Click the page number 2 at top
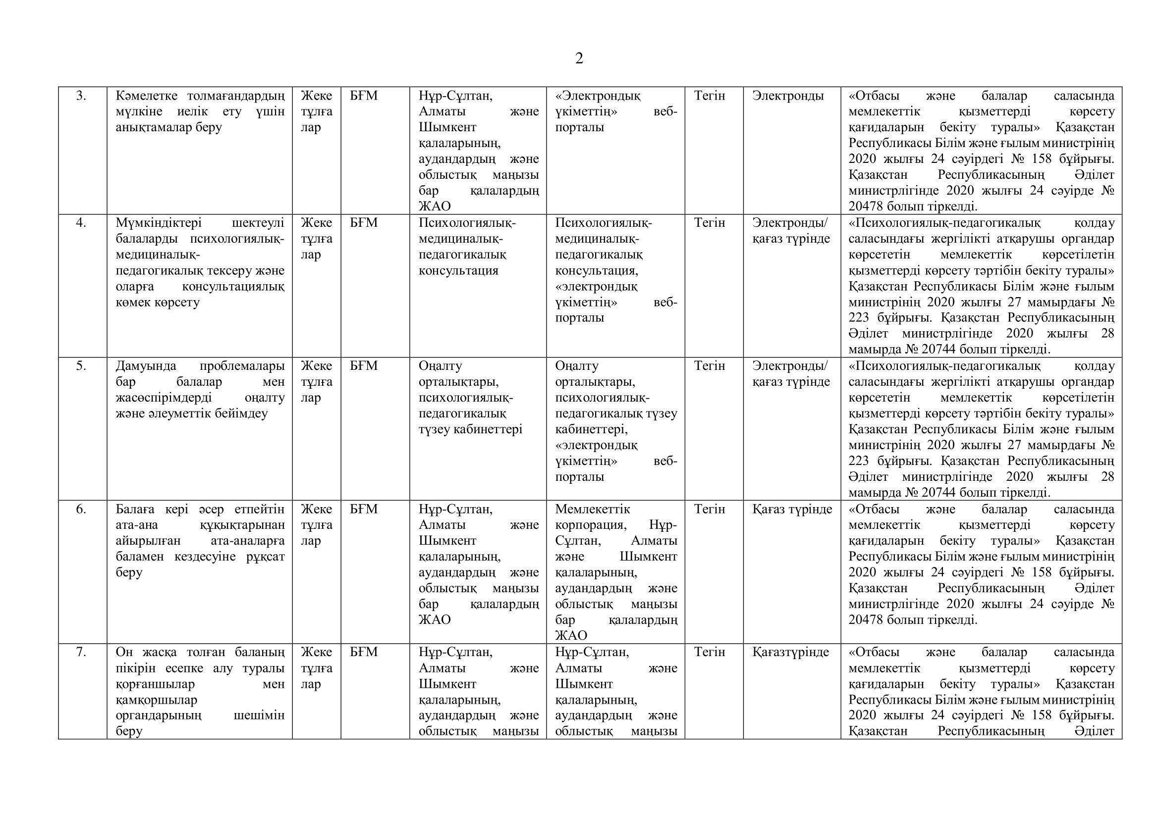click(579, 59)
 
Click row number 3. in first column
click(81, 96)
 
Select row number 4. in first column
click(81, 223)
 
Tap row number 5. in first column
click(81, 366)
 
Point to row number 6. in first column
click(81, 510)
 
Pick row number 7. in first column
click(81, 653)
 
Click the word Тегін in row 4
click(709, 223)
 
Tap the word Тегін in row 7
click(709, 653)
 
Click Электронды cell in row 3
click(787, 96)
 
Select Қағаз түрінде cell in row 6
click(792, 510)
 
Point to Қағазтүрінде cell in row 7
click(790, 653)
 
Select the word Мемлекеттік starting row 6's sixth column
click(593, 510)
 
